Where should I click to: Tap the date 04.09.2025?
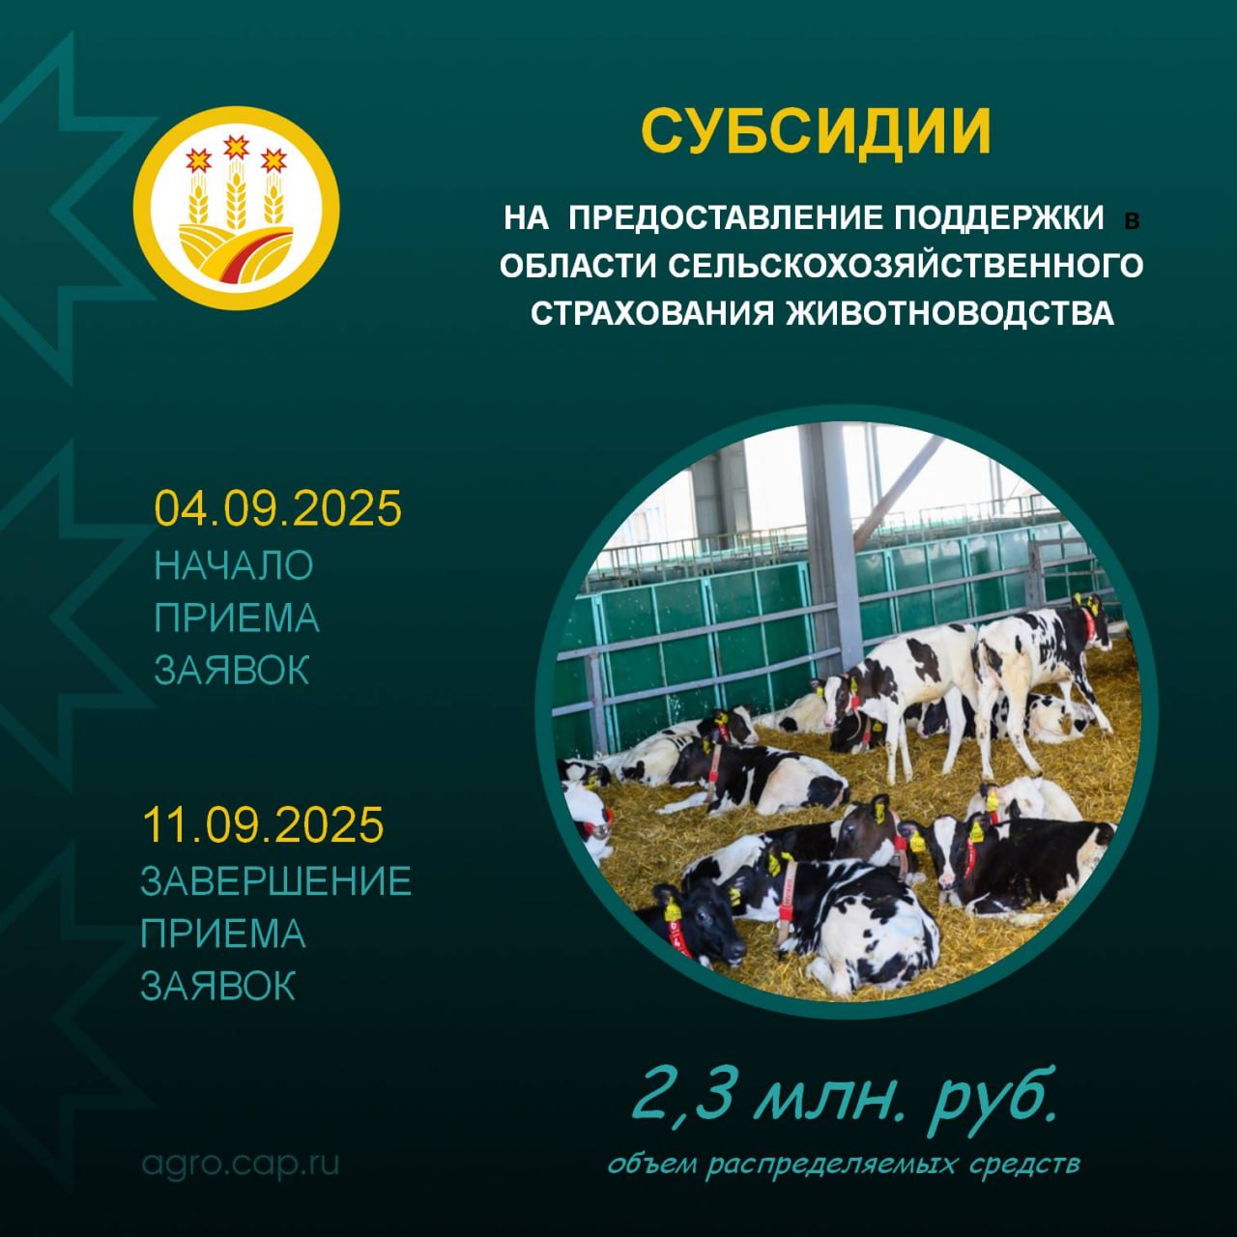click(278, 508)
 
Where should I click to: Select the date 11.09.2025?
click(263, 824)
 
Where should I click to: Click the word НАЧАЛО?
click(234, 565)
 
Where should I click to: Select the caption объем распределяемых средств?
click(844, 1165)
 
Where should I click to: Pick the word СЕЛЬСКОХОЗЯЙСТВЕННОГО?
click(906, 266)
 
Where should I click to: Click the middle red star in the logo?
click(236, 148)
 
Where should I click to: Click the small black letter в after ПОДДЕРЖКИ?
click(1133, 222)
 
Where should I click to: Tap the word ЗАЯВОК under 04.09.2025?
click(232, 670)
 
